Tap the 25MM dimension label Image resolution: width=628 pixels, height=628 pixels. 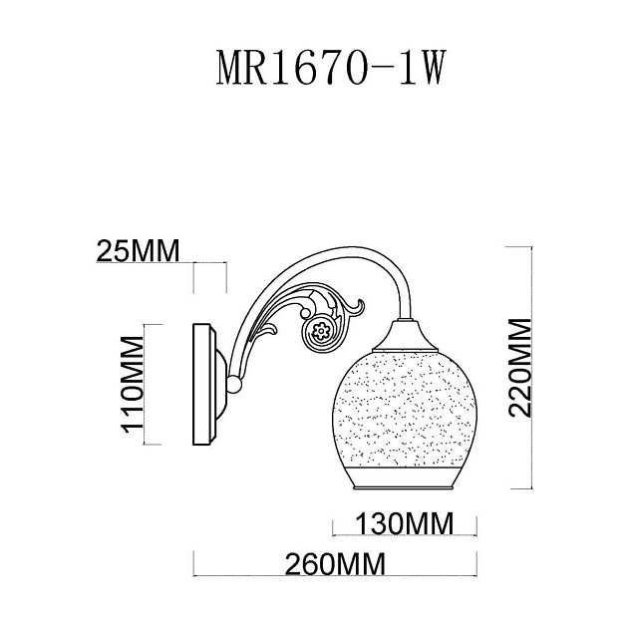[138, 251]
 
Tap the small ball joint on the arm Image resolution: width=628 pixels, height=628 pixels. [235, 383]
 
